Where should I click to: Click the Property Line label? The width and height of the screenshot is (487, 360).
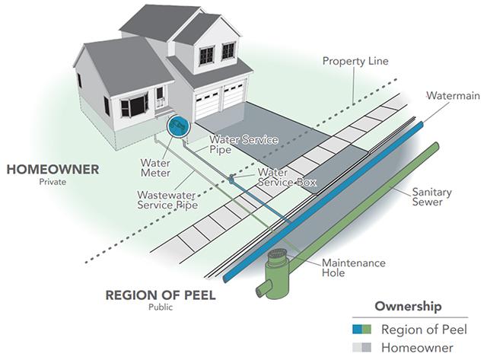(355, 61)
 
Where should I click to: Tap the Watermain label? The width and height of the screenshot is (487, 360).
(454, 96)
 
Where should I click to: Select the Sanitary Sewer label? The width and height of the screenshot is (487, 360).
(431, 197)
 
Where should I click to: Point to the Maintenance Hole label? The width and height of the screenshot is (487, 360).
(353, 268)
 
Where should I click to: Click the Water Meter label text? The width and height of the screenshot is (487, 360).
(155, 167)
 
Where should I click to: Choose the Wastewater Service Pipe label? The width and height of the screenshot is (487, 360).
(167, 200)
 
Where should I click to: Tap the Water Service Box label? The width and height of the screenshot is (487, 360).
(287, 177)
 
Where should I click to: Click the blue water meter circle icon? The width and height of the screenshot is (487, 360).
(178, 126)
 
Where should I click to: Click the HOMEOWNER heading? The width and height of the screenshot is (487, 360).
(53, 170)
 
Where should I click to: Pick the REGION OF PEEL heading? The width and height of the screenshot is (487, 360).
(161, 295)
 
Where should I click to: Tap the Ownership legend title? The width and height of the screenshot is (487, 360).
(408, 306)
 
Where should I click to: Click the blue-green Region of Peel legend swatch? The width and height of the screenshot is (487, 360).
(362, 330)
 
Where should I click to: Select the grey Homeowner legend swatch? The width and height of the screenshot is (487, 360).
(362, 347)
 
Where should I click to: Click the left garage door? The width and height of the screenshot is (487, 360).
(208, 104)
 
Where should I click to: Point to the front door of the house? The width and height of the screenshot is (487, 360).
(160, 97)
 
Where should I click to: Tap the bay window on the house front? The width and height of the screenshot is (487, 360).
(134, 105)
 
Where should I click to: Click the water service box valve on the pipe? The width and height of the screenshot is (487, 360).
(231, 178)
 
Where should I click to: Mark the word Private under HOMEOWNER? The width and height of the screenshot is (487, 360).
(53, 182)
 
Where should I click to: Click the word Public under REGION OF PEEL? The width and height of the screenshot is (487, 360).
(161, 307)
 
